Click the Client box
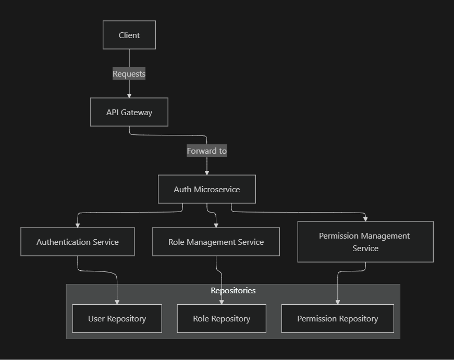pyautogui.click(x=129, y=35)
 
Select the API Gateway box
pyautogui.click(x=129, y=112)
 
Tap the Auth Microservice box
pyautogui.click(x=206, y=189)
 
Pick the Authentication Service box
pyautogui.click(x=78, y=242)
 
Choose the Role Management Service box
pyautogui.click(x=216, y=242)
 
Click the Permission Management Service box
pyautogui.click(x=365, y=242)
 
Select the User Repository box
pyautogui.click(x=117, y=318)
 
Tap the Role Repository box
pyautogui.click(x=222, y=318)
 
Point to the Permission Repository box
pyautogui.click(x=337, y=318)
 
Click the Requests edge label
pyautogui.click(x=129, y=73)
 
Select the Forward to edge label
pyautogui.click(x=207, y=151)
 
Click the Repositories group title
pyautogui.click(x=233, y=290)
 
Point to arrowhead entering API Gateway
pyautogui.click(x=129, y=95)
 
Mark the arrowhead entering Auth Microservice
pyautogui.click(x=207, y=172)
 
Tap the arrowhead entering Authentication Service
pyautogui.click(x=78, y=225)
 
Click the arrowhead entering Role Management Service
pyautogui.click(x=216, y=225)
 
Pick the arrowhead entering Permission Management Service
pyautogui.click(x=365, y=219)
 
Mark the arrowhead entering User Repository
pyautogui.click(x=117, y=302)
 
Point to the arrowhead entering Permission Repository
pyautogui.click(x=337, y=302)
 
